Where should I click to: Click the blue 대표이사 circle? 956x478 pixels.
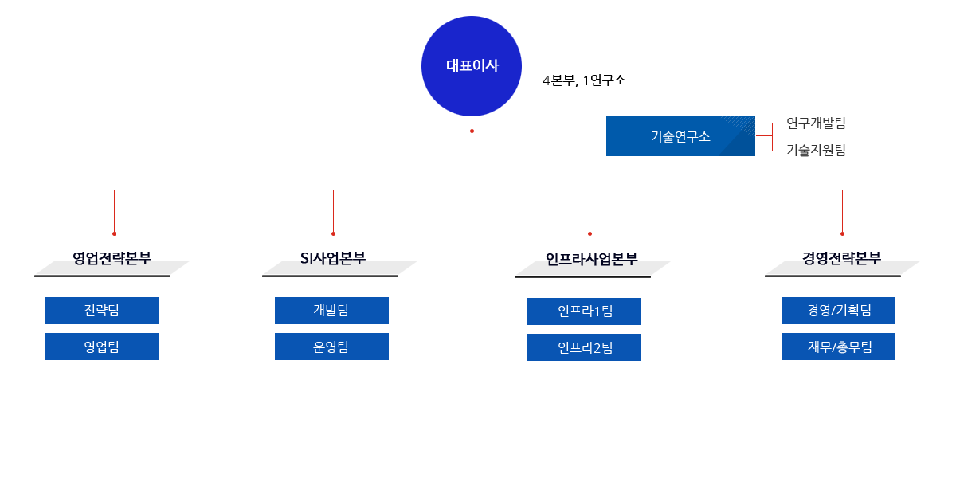coord(472,66)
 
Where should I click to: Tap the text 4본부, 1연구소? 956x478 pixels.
coord(584,80)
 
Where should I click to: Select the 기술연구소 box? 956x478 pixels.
coord(680,136)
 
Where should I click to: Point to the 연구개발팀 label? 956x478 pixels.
coord(816,123)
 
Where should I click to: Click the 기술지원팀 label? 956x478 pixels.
coord(816,149)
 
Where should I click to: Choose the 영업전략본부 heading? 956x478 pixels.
coord(112,258)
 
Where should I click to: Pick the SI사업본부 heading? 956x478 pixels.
coord(333,258)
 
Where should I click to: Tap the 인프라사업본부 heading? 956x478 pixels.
coord(591,259)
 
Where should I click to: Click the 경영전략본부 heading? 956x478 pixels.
coord(841,258)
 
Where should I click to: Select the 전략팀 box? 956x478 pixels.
coord(102,311)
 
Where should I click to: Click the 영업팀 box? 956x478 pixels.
coord(102,347)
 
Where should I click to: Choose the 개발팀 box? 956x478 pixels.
coord(331,311)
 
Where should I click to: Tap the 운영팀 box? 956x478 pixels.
coord(331,347)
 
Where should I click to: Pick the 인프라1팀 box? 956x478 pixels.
coord(583,311)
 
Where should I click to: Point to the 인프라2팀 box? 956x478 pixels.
coord(583,347)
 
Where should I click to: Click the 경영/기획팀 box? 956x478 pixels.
coord(838,311)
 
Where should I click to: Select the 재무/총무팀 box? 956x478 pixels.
coord(838,347)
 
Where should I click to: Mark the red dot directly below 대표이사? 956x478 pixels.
coord(472,131)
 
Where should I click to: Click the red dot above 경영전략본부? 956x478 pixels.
coord(842,233)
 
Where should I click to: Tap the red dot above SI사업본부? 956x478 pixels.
coord(333,233)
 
